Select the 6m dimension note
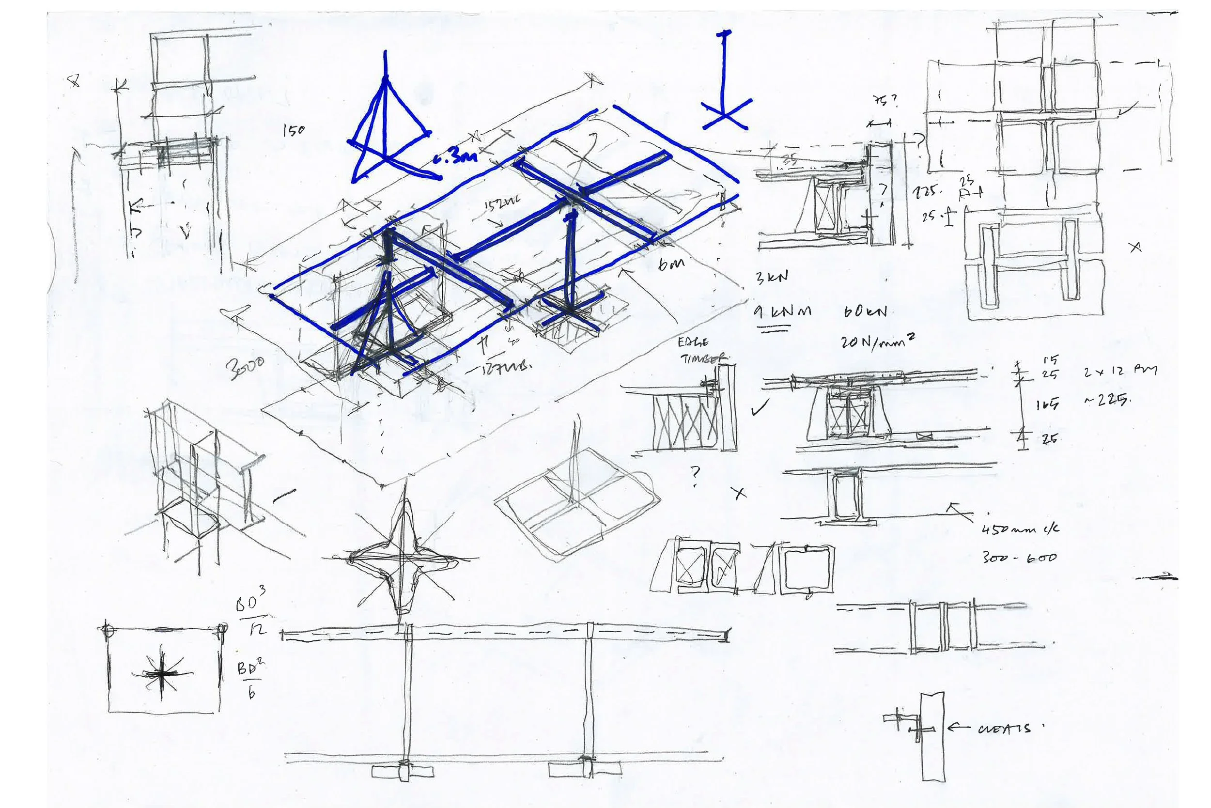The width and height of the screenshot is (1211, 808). [x=671, y=264]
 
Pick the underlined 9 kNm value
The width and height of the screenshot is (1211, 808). [x=782, y=312]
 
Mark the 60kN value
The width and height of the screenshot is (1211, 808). [x=865, y=312]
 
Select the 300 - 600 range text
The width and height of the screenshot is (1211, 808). [x=1019, y=557]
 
